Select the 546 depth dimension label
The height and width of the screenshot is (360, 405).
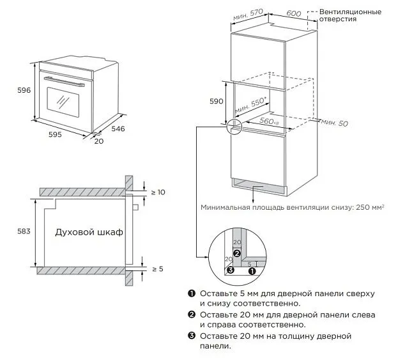118,129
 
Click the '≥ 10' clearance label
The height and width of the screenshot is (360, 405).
157,192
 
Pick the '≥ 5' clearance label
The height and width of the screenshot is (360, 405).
157,269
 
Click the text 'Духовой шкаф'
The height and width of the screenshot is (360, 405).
89,232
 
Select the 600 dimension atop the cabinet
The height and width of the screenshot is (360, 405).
294,13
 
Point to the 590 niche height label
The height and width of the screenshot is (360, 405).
217,101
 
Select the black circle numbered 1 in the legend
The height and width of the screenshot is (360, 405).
191,293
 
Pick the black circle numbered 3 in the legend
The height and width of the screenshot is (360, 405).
191,336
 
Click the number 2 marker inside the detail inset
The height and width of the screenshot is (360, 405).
236,254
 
